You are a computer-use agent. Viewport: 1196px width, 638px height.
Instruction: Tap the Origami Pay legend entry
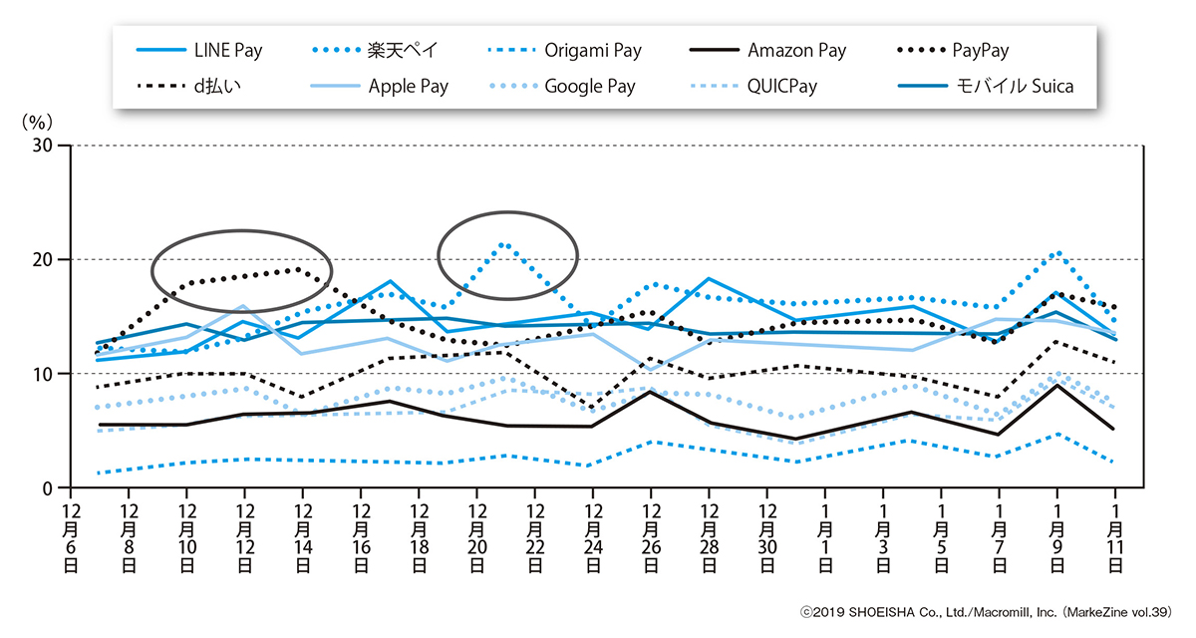click(x=592, y=50)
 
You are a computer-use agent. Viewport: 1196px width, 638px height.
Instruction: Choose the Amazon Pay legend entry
click(x=796, y=50)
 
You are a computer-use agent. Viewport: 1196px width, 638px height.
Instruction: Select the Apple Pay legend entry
click(x=408, y=86)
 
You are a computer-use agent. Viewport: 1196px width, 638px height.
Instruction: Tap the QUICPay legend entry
click(x=780, y=86)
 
